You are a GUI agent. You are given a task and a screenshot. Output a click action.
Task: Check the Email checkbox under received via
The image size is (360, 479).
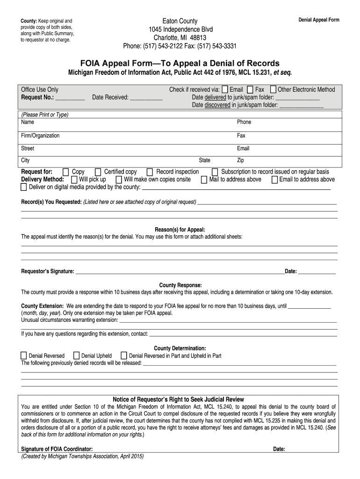click(x=225, y=90)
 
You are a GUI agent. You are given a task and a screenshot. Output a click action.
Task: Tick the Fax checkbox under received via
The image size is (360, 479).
click(x=250, y=90)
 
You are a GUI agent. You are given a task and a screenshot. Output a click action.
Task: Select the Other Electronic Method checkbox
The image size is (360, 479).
click(x=274, y=90)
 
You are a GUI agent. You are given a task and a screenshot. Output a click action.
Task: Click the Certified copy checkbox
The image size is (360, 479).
click(x=98, y=172)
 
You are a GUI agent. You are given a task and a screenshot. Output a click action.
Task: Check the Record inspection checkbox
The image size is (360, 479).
click(x=150, y=172)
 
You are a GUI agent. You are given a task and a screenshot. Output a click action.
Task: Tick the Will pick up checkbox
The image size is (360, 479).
click(x=74, y=180)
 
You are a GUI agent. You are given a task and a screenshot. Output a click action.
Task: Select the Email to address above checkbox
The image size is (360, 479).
click(x=274, y=180)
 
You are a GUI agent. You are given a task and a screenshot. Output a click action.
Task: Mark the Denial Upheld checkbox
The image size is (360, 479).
click(x=77, y=356)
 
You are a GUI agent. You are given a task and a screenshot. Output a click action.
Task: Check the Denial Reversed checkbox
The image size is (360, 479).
click(x=24, y=356)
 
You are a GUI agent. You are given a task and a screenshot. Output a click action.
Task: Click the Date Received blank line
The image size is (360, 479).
click(x=146, y=98)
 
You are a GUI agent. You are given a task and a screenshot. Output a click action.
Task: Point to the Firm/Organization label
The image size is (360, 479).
click(x=40, y=136)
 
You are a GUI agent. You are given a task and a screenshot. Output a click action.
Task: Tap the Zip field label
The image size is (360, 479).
click(x=241, y=160)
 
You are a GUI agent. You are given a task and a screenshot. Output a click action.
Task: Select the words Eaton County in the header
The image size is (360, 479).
click(x=180, y=21)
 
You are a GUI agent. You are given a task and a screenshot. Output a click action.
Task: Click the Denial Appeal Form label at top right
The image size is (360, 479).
click(x=319, y=20)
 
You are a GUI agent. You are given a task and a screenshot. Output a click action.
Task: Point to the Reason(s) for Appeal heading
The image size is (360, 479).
click(x=180, y=230)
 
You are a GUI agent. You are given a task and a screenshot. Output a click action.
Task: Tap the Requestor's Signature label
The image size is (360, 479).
click(x=48, y=271)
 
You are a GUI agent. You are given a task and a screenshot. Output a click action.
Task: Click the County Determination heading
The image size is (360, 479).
click(x=180, y=348)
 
